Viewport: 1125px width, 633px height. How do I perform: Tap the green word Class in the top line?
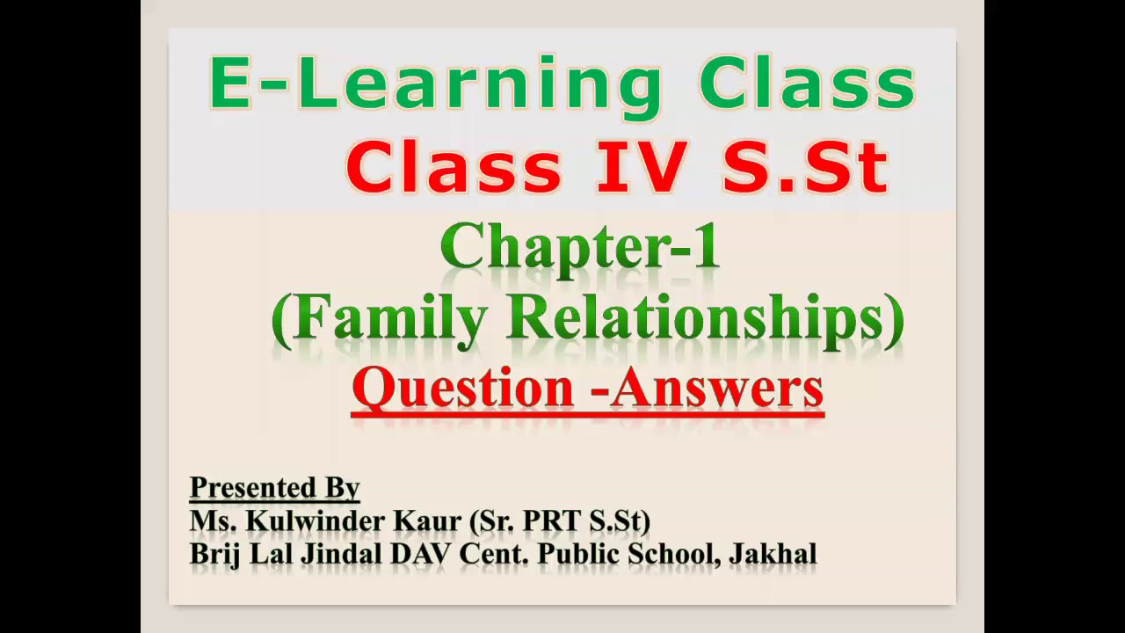tap(807, 85)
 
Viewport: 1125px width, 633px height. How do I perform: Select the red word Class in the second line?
tap(454, 168)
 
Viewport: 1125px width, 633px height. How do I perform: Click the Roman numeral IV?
tap(640, 168)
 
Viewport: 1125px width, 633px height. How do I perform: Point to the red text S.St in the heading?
tap(805, 168)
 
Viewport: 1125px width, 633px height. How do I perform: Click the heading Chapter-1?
tap(580, 247)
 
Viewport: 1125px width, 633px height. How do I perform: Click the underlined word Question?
tap(463, 388)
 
